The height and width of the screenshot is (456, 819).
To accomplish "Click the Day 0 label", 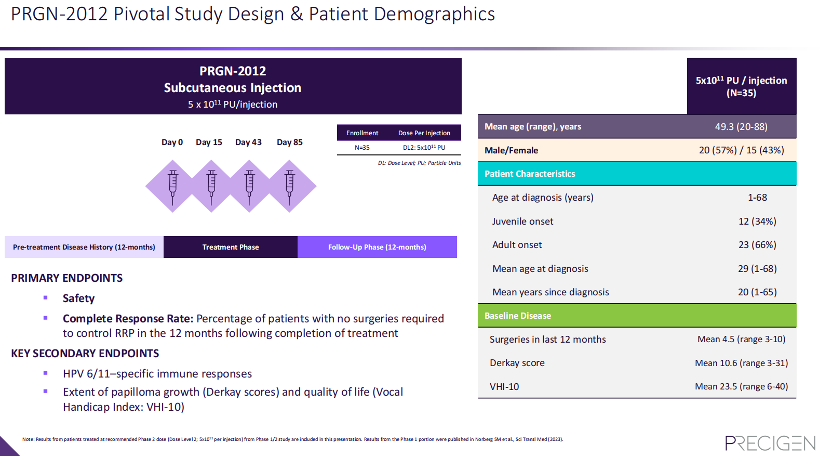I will (x=172, y=142).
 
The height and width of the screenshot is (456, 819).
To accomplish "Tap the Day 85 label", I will (x=289, y=142).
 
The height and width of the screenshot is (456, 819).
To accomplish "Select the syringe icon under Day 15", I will (x=211, y=186).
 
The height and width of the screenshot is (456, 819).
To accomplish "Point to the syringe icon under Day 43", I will (x=250, y=186).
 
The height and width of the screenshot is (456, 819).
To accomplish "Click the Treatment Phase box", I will (x=231, y=247).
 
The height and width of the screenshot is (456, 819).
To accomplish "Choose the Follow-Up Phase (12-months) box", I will (x=377, y=247).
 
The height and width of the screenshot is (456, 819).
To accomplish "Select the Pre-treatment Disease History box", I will (x=84, y=247).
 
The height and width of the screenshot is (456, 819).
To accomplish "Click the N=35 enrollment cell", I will (x=362, y=148).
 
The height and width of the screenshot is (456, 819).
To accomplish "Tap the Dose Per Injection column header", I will (x=424, y=133).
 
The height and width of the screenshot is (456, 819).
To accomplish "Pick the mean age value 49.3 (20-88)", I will (x=741, y=126).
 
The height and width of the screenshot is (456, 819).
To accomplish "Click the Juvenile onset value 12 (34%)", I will (x=757, y=222).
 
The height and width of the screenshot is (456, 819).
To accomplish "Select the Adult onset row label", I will (x=517, y=245).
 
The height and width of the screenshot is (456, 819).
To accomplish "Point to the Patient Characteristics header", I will (x=530, y=174).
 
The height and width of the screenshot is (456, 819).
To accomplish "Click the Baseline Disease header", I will (x=518, y=316).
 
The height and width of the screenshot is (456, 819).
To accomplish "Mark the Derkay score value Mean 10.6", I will (x=741, y=363).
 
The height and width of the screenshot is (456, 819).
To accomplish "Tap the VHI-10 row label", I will (x=504, y=386).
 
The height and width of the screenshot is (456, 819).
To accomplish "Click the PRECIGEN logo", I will (x=770, y=443).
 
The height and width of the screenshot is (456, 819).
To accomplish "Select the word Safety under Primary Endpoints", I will (x=78, y=298).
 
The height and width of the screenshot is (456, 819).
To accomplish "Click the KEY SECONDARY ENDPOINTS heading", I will (x=85, y=354).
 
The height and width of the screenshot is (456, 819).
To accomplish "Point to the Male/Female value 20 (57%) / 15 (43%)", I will (x=741, y=150).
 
